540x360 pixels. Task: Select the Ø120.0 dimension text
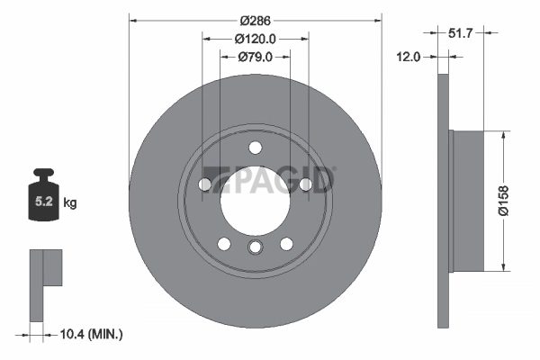pos(255,39)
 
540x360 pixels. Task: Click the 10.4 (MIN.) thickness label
pos(88,334)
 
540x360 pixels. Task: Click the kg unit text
pos(70,203)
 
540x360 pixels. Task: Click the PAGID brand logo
pos(270,180)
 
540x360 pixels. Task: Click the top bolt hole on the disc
pos(256,148)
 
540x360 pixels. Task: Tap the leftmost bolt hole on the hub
pos(204,185)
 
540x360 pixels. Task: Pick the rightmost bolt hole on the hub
pos(307,185)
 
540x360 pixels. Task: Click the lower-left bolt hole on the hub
pos(224,243)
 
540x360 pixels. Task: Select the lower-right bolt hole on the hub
pos(287,243)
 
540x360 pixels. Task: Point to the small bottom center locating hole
pos(256,248)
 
